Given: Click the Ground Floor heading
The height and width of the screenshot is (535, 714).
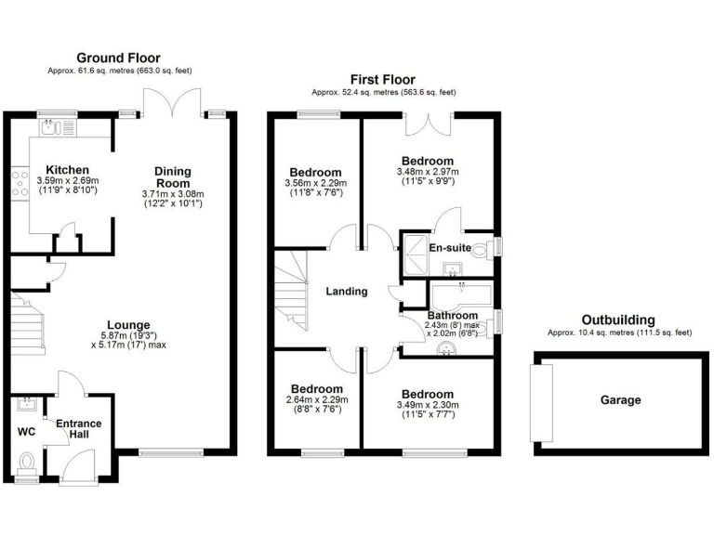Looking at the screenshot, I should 120,58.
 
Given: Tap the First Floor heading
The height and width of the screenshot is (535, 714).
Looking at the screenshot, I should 383,80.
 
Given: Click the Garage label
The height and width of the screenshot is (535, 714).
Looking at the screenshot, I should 620,400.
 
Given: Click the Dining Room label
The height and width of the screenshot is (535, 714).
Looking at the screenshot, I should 173,176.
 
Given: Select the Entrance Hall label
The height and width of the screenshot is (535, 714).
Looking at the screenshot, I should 79,430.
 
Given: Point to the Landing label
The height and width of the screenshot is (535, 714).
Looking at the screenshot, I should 346,291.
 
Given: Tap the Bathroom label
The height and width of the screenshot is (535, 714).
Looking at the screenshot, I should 453,316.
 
